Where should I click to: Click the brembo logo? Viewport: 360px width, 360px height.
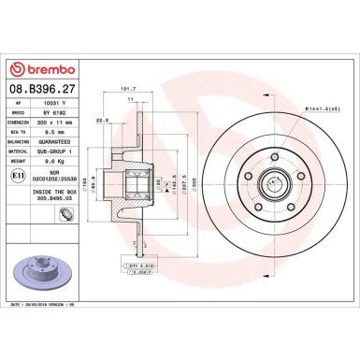(x=36, y=69)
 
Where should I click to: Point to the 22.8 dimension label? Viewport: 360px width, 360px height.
(x=103, y=119)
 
